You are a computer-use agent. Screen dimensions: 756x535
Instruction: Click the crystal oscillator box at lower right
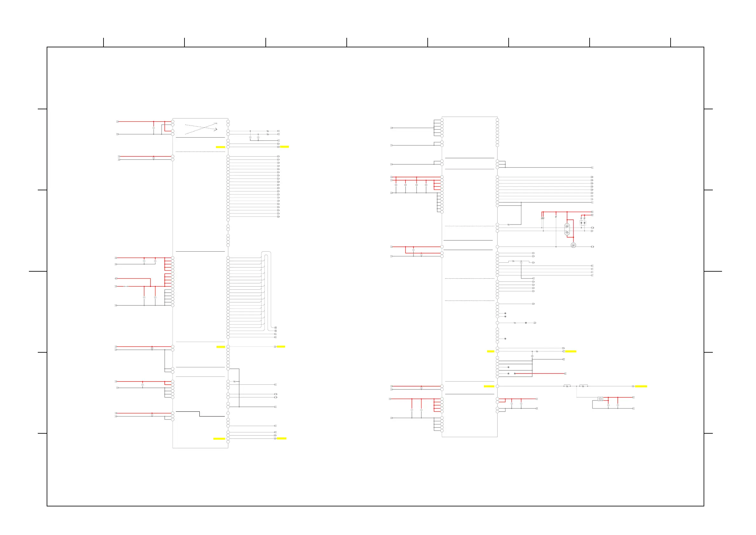pos(600,399)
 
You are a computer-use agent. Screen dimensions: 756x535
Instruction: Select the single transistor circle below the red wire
pos(573,246)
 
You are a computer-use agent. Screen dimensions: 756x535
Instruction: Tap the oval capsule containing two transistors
pos(567,229)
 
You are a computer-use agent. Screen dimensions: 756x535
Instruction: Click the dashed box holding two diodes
pos(583,223)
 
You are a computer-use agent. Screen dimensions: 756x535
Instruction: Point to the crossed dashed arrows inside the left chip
pos(201,128)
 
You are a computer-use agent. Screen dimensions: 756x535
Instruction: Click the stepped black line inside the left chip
pos(200,414)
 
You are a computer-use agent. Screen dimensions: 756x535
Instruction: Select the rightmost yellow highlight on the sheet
pos(641,386)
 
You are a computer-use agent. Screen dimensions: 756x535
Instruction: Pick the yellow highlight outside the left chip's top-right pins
pos(284,146)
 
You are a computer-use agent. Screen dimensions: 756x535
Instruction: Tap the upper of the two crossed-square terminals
pos(276,328)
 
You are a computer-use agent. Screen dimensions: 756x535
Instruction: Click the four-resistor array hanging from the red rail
pos(543,218)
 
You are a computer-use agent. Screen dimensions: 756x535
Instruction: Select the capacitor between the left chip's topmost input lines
pos(154,128)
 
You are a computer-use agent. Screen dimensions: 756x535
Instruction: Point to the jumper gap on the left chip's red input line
pos(126,286)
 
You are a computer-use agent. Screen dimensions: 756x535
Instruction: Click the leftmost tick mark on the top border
pos(104,42)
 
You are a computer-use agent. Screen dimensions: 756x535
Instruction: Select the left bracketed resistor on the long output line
pos(567,386)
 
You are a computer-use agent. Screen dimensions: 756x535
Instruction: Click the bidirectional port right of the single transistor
pos(592,247)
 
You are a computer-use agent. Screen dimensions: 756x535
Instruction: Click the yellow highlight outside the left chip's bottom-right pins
pos(282,438)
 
